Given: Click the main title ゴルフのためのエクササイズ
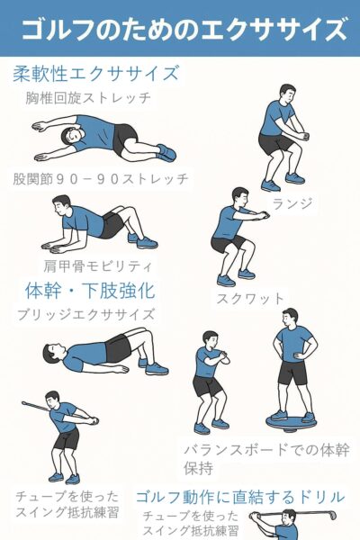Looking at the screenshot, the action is pos(184,30).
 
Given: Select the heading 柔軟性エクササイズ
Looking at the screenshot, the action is pos(95,74).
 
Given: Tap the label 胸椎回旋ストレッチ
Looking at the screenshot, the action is pos(88,98).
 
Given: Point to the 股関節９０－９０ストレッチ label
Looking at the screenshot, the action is pos(101,178).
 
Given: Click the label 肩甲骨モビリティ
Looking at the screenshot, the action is pos(98,265).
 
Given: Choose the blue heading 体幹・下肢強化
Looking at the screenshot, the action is pos(90,291).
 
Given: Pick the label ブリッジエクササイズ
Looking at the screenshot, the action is pos(85,314).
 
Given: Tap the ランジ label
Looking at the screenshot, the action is pos(292,202).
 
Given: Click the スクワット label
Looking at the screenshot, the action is pos(250,299).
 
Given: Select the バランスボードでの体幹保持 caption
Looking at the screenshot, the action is pos(266,459).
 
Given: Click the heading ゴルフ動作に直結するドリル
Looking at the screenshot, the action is pos(240,497).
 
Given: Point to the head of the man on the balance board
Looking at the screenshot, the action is pos(290,318).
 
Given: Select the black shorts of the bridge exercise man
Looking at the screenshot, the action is pos(118,347).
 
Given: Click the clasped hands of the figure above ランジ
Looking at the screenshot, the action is pos(303,136).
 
